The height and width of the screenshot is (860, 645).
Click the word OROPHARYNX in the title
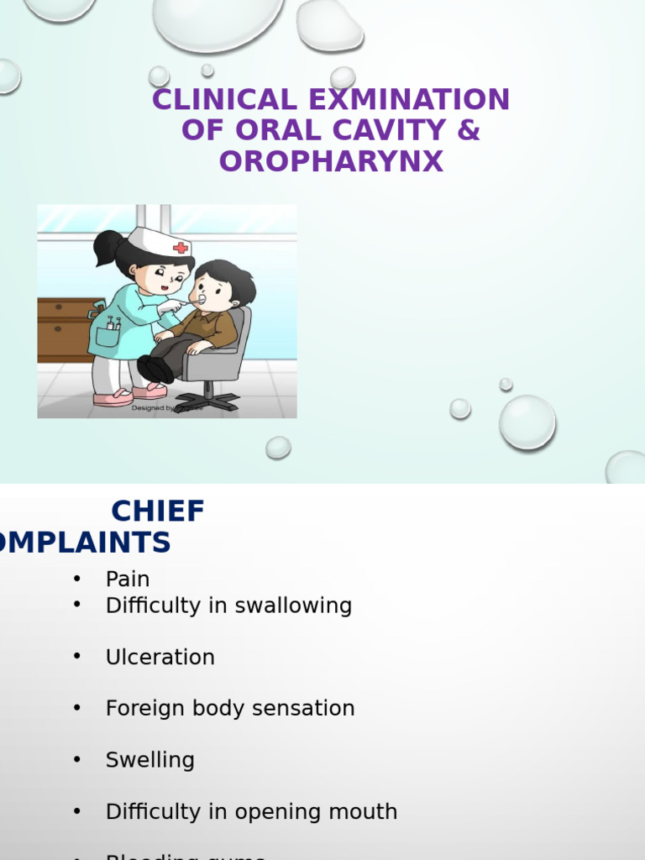(331, 161)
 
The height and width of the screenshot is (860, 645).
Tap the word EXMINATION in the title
(408, 100)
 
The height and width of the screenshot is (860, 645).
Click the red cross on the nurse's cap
(180, 248)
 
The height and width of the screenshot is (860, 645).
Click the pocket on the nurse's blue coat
(108, 335)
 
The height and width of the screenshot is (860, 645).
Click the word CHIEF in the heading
(158, 511)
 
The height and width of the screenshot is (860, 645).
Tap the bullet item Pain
(128, 579)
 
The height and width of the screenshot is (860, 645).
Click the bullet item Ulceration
(160, 657)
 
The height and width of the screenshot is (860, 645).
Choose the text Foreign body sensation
(230, 709)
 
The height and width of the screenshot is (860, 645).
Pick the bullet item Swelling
(149, 760)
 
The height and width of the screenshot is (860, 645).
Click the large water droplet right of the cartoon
(527, 422)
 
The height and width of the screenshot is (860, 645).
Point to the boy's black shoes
(154, 370)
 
